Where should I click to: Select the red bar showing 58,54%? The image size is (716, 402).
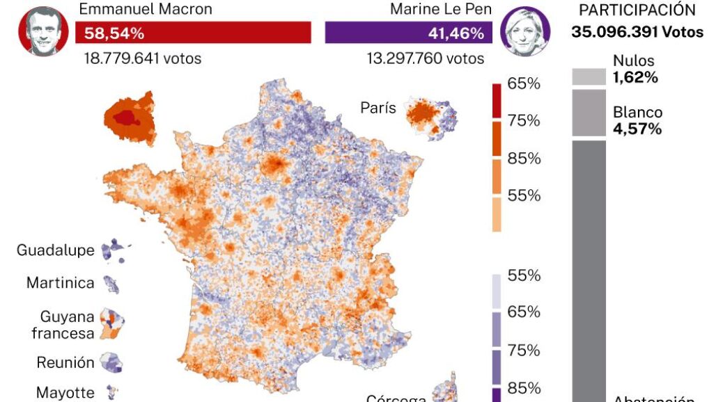193,33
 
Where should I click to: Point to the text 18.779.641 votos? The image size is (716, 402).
142,58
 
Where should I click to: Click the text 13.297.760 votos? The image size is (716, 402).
425,58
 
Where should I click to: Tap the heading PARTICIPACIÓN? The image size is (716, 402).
637,10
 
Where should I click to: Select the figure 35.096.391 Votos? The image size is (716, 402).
637,31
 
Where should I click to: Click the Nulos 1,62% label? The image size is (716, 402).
635,69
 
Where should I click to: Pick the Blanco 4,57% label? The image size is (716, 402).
637,120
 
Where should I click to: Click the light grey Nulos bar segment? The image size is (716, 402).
589,77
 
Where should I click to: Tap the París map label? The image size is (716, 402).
378,108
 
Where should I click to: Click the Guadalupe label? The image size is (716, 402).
55,250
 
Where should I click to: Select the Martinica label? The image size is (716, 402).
60,283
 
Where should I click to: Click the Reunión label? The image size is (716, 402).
65,362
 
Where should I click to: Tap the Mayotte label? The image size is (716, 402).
65,392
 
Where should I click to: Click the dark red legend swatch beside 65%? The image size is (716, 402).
497,101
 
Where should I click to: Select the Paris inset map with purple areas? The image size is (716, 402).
431,116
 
